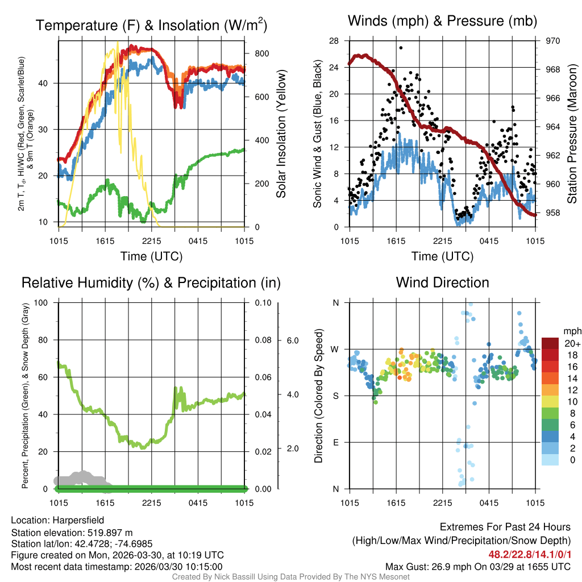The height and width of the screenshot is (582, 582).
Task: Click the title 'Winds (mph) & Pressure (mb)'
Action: click(442, 22)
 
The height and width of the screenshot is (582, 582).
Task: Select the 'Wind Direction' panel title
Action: click(442, 282)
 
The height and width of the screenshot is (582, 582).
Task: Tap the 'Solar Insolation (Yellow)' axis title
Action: click(281, 134)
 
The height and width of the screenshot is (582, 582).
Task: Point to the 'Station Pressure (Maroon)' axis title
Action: click(572, 134)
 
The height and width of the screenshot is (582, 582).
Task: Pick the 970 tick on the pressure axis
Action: click(553, 41)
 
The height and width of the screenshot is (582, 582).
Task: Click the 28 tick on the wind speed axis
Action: click(334, 41)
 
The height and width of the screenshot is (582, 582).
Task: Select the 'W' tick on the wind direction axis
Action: click(335, 349)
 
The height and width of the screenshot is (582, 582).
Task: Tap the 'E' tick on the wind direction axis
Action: click(336, 442)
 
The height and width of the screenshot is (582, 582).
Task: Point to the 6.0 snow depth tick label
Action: click(292, 340)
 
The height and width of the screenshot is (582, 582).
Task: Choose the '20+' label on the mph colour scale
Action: click(572, 344)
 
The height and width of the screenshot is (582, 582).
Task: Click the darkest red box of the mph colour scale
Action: click(551, 343)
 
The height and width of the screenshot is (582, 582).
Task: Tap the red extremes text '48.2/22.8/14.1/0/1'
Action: click(529, 554)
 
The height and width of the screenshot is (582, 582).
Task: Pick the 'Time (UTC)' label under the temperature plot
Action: click(151, 256)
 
